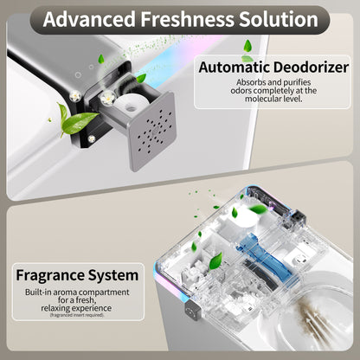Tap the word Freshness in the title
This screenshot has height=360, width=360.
point(200,18)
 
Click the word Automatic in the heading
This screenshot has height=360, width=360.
point(235,67)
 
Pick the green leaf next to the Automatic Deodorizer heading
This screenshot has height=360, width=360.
point(247,45)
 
